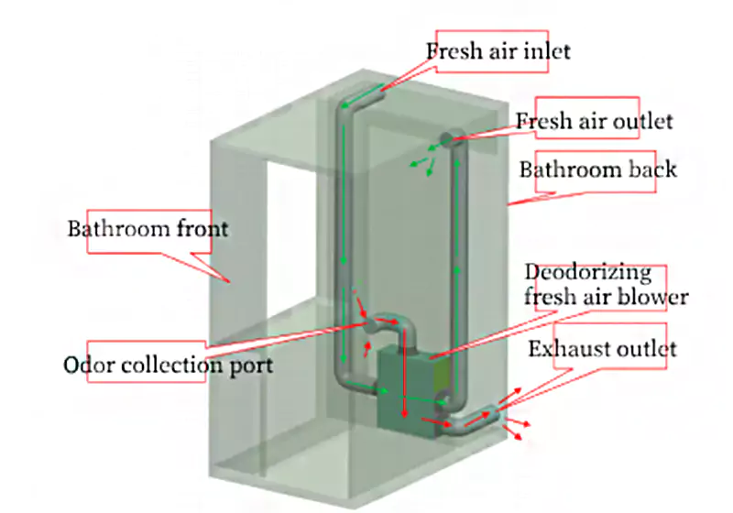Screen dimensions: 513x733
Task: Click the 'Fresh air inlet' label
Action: coord(498,49)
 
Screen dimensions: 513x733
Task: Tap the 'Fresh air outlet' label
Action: coord(594,121)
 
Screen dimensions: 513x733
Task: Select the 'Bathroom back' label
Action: coord(597,169)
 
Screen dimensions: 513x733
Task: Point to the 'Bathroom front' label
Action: coord(148,228)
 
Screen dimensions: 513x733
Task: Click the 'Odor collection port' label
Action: coord(168,366)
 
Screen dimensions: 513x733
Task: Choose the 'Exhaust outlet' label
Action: coord(602,348)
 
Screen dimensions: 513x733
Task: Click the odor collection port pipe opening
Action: coord(368,323)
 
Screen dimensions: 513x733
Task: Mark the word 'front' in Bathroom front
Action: coord(202,228)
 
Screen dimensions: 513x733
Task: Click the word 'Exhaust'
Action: coord(566,348)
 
